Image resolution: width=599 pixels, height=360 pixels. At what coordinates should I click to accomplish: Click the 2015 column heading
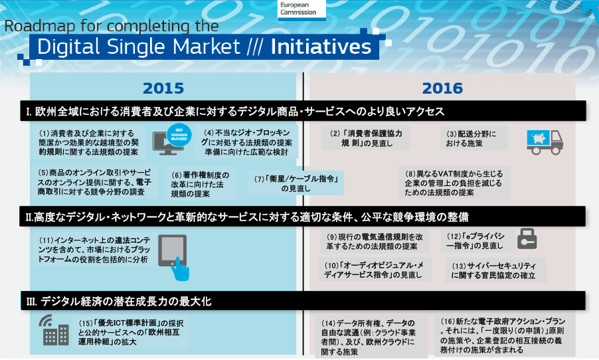(163, 88)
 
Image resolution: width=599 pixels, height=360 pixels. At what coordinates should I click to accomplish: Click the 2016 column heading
(442, 88)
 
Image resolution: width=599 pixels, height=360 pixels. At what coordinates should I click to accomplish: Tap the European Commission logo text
(298, 9)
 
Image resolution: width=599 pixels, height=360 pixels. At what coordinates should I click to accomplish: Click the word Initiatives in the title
(321, 46)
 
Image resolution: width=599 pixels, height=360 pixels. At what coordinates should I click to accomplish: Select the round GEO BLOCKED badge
(179, 135)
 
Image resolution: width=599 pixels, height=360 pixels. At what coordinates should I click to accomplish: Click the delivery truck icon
(545, 142)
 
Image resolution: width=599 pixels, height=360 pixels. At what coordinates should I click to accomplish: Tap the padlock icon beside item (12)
(527, 239)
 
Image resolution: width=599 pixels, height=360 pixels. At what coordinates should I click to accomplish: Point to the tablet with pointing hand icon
(174, 257)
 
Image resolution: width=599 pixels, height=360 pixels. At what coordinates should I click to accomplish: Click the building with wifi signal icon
(54, 330)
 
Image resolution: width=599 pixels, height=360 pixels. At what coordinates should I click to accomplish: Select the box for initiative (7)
(296, 183)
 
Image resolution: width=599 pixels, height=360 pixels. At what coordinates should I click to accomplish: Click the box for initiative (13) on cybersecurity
(495, 270)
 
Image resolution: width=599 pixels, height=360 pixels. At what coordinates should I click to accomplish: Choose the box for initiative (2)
(366, 138)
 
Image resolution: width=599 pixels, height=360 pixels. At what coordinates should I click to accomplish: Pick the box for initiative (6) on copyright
(201, 184)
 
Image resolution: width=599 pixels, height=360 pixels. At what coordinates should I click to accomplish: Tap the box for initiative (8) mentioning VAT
(455, 183)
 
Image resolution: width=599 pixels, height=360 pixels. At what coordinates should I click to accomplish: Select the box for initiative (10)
(375, 270)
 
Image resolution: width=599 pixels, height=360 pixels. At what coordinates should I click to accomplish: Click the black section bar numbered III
(303, 301)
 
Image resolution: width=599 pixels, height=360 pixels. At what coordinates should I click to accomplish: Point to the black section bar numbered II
(303, 217)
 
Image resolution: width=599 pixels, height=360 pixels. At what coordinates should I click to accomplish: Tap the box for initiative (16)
(504, 335)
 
